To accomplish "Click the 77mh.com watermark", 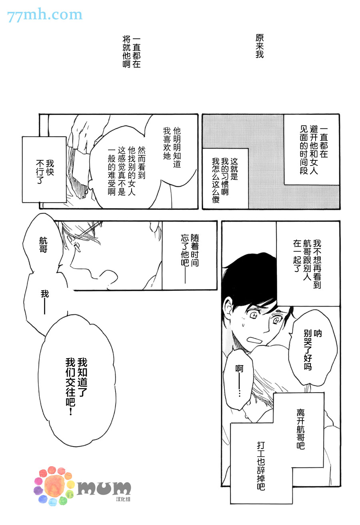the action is click(x=45, y=15).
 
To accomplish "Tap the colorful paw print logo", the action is click(x=54, y=486).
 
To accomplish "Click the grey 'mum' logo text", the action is click(x=104, y=488).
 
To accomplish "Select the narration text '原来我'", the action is click(x=260, y=46).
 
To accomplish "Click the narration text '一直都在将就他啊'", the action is click(x=131, y=52).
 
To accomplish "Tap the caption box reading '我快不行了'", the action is click(x=44, y=170).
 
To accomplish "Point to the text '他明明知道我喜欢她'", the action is click(x=172, y=147).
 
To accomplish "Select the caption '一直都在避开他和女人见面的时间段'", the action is click(x=314, y=151).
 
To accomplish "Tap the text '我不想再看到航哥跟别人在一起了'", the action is click(x=307, y=263).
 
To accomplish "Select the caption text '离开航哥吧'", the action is click(x=300, y=429).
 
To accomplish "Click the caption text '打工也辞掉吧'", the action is click(x=261, y=466).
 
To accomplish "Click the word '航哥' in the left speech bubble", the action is click(x=43, y=245).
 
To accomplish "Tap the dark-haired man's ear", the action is click(x=228, y=307).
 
